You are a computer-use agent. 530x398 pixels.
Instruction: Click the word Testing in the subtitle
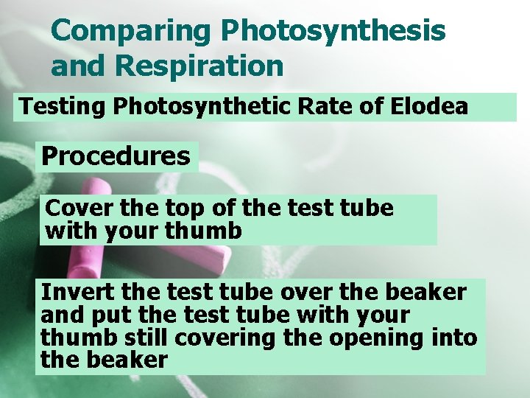(63, 107)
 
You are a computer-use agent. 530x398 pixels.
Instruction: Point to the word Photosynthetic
(194, 107)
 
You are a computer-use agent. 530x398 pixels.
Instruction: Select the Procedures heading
(116, 156)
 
